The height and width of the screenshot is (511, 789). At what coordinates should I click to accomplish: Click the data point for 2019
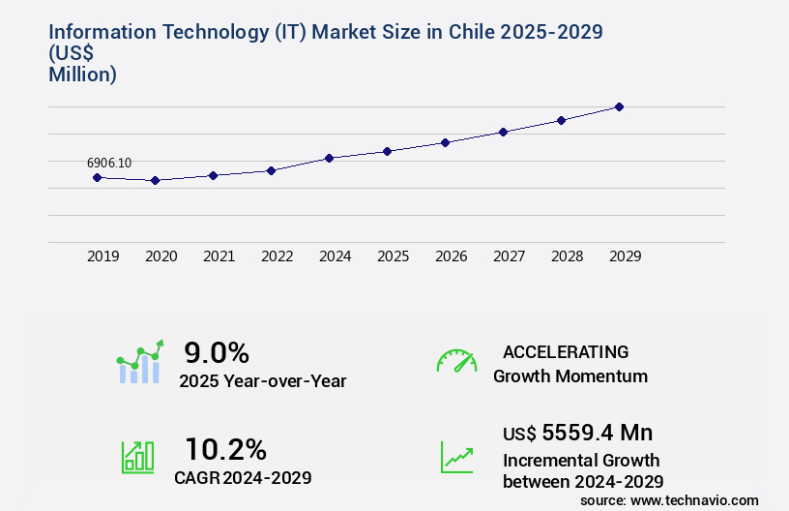[97, 177]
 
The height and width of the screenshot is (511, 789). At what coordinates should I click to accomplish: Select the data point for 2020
[155, 180]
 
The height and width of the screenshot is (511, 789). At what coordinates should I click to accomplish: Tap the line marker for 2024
[329, 158]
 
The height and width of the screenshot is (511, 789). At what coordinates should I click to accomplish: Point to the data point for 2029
[619, 106]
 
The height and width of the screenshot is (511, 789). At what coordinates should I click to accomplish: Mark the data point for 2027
[503, 132]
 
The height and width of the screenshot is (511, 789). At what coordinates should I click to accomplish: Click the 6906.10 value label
[109, 163]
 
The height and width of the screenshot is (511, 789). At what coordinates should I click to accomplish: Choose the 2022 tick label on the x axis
[277, 256]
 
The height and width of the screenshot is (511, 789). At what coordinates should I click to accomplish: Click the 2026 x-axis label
[451, 256]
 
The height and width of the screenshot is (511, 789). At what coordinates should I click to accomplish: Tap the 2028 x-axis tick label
[567, 256]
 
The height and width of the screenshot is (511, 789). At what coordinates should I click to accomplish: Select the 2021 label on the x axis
[219, 256]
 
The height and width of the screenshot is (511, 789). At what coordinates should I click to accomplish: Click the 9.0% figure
[217, 351]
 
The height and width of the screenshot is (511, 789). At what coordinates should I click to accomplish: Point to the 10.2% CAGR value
[225, 449]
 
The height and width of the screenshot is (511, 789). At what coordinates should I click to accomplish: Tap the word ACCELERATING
[566, 351]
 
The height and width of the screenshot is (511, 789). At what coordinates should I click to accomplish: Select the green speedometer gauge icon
[456, 360]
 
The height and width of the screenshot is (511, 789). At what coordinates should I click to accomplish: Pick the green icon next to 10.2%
[137, 457]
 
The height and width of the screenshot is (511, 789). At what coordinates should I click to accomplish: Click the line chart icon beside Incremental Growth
[456, 457]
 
